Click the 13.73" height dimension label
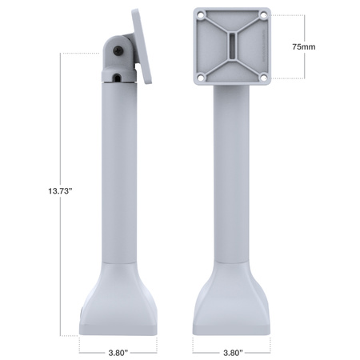(x=61, y=191)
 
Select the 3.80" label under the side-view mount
(x=118, y=350)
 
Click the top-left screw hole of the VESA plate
(x=200, y=15)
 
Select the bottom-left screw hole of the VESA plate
(x=200, y=77)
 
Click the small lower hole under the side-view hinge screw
(x=118, y=78)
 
